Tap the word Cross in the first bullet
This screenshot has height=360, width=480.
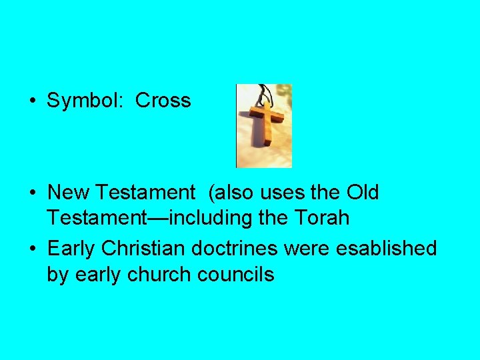click(x=163, y=101)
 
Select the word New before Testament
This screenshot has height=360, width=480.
click(x=70, y=193)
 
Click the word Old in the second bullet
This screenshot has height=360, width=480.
click(x=362, y=193)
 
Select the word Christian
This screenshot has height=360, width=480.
click(x=144, y=249)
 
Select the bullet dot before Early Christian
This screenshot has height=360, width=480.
click(x=32, y=249)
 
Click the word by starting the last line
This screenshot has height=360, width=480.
click(x=58, y=273)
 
